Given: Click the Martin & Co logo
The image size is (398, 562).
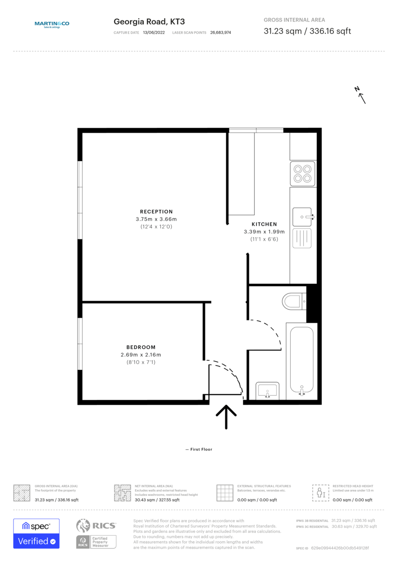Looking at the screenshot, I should click(x=52, y=24).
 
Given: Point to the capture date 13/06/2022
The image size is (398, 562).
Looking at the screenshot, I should click(x=154, y=33).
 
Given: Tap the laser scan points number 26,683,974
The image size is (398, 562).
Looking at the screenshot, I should click(x=220, y=33).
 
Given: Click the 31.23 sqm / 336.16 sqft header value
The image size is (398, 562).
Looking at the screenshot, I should click(x=307, y=31).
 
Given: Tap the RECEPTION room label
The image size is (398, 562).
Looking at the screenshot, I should click(x=156, y=212).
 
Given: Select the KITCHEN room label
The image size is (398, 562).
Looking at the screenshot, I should click(x=264, y=224).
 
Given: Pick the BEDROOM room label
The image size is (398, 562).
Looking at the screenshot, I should click(x=141, y=347).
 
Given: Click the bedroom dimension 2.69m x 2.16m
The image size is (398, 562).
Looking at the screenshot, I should click(x=141, y=355).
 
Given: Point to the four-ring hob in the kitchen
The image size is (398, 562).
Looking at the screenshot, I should click(x=302, y=173).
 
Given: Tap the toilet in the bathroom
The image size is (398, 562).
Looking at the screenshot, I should click(x=293, y=301).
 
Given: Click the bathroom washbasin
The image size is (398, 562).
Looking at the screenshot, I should click(x=267, y=391).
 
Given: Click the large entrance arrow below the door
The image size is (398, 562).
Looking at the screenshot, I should click(x=226, y=416).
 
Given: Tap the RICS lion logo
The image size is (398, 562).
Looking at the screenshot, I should click(x=83, y=525).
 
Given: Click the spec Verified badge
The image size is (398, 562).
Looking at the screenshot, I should click(x=36, y=533).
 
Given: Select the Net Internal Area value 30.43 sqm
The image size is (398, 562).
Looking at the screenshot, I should click(x=157, y=500).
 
